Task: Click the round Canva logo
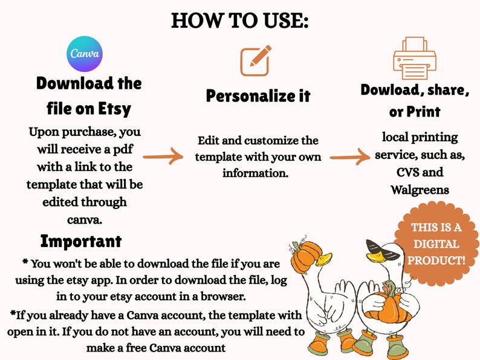click(x=85, y=54)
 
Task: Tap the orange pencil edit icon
click(x=256, y=60)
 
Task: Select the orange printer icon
click(x=415, y=58)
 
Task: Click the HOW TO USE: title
click(x=239, y=21)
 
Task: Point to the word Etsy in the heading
click(x=114, y=109)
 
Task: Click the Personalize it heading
click(x=258, y=95)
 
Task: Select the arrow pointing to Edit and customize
click(x=163, y=156)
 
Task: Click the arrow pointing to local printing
click(x=350, y=157)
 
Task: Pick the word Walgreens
click(x=420, y=190)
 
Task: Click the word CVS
click(x=408, y=172)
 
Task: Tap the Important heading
click(x=81, y=241)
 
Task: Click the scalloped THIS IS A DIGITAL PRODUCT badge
click(x=436, y=244)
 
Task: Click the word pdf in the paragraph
click(x=123, y=150)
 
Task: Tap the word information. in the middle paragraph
click(x=256, y=173)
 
